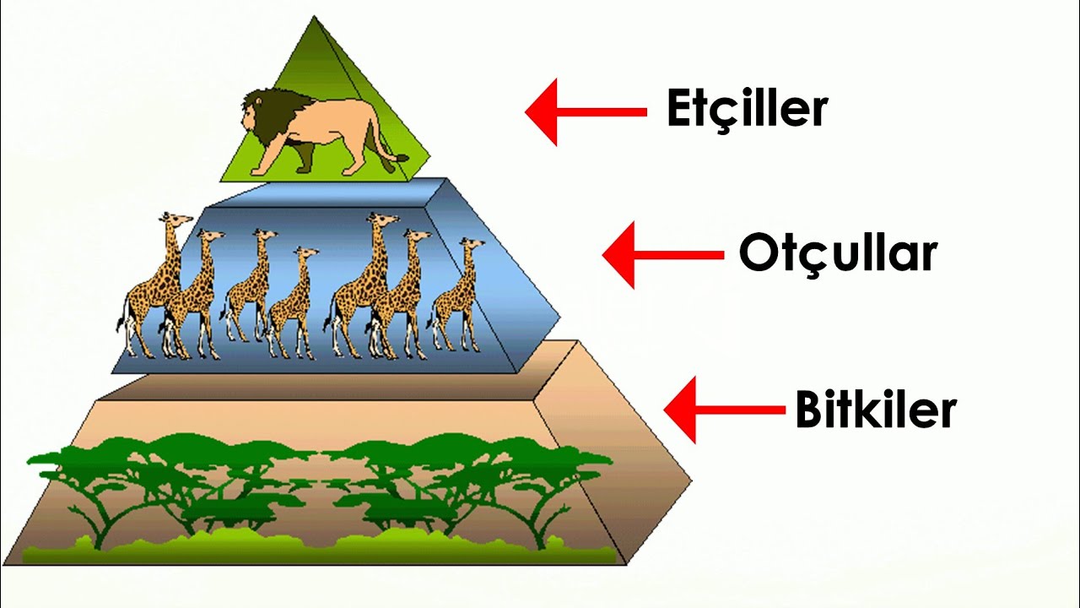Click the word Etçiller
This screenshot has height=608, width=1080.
(x=748, y=109)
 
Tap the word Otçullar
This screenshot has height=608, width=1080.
(x=838, y=252)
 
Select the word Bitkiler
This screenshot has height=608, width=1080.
(x=875, y=410)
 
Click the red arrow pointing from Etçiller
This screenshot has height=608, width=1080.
(x=585, y=111)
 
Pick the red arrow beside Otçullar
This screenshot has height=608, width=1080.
(x=662, y=254)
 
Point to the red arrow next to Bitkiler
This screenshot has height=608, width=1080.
(x=724, y=410)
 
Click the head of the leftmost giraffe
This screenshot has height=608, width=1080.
(x=172, y=220)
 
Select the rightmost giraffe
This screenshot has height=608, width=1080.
(x=460, y=300)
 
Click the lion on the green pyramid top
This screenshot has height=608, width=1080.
(x=321, y=131)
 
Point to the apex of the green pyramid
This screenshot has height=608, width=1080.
(x=315, y=17)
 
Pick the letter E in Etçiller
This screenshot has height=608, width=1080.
(x=679, y=109)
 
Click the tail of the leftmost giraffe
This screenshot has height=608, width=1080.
(x=122, y=325)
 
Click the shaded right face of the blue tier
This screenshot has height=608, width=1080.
(x=502, y=279)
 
